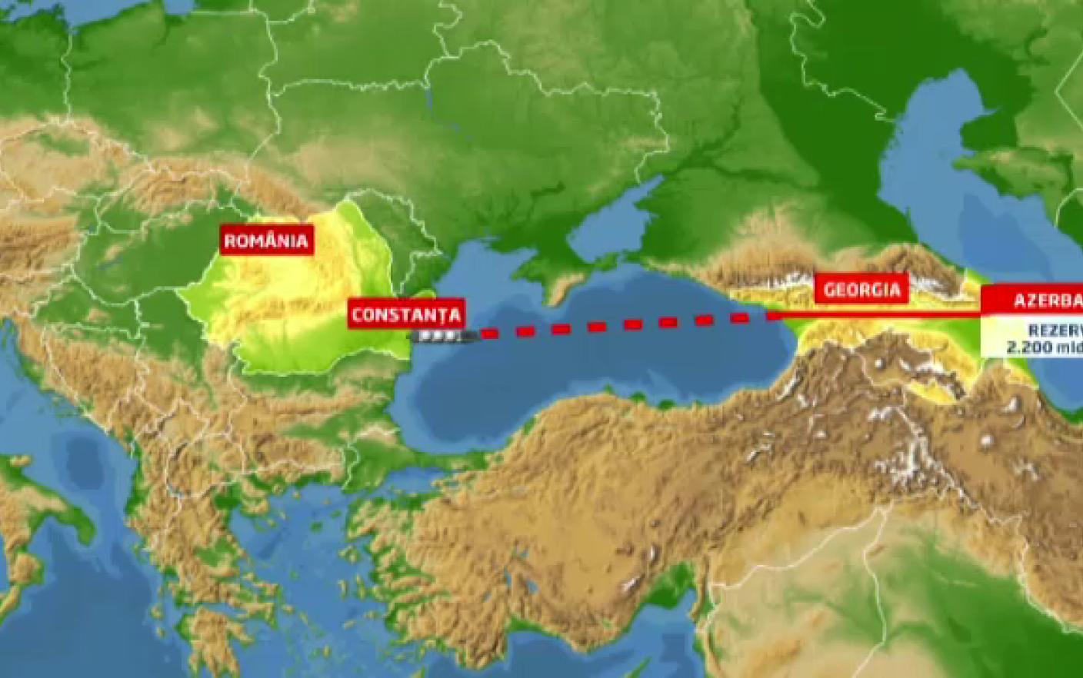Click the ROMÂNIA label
coord(266,241)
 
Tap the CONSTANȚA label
coord(405,314)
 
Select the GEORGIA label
coord(861,290)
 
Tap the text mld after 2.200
coord(1069,347)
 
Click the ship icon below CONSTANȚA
coord(438,336)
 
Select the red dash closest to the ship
coord(488,334)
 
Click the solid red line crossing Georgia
coord(877,314)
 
